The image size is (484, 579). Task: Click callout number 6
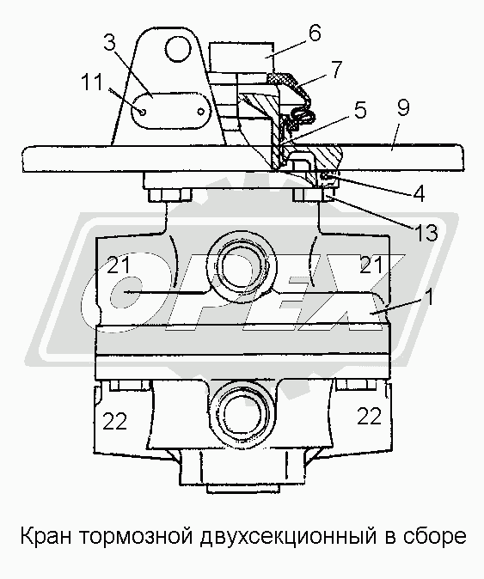(314, 34)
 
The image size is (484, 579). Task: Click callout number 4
(418, 192)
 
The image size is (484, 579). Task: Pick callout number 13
(426, 233)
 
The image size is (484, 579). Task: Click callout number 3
(109, 43)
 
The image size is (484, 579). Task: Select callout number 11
(91, 82)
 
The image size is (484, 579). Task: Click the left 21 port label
(119, 265)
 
